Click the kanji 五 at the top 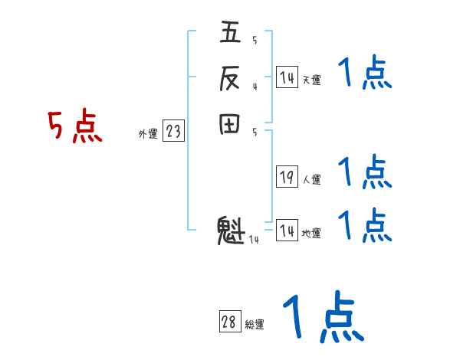pyautogui.click(x=230, y=34)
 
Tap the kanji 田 pyautogui.click(x=230, y=124)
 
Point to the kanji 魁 pyautogui.click(x=230, y=231)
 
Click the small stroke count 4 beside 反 pyautogui.click(x=254, y=87)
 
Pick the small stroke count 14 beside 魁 pyautogui.click(x=254, y=241)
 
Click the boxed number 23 pyautogui.click(x=173, y=132)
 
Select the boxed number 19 pyautogui.click(x=287, y=178)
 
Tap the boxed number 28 pyautogui.click(x=229, y=322)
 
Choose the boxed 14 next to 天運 pyautogui.click(x=287, y=77)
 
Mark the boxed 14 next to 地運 pyautogui.click(x=287, y=231)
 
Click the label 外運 pyautogui.click(x=148, y=134)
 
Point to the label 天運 pyautogui.click(x=311, y=80)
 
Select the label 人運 pyautogui.click(x=311, y=180)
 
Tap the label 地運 pyautogui.click(x=311, y=233)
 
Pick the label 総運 pyautogui.click(x=255, y=325)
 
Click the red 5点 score pyautogui.click(x=75, y=127)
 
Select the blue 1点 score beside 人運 pyautogui.click(x=365, y=172)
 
